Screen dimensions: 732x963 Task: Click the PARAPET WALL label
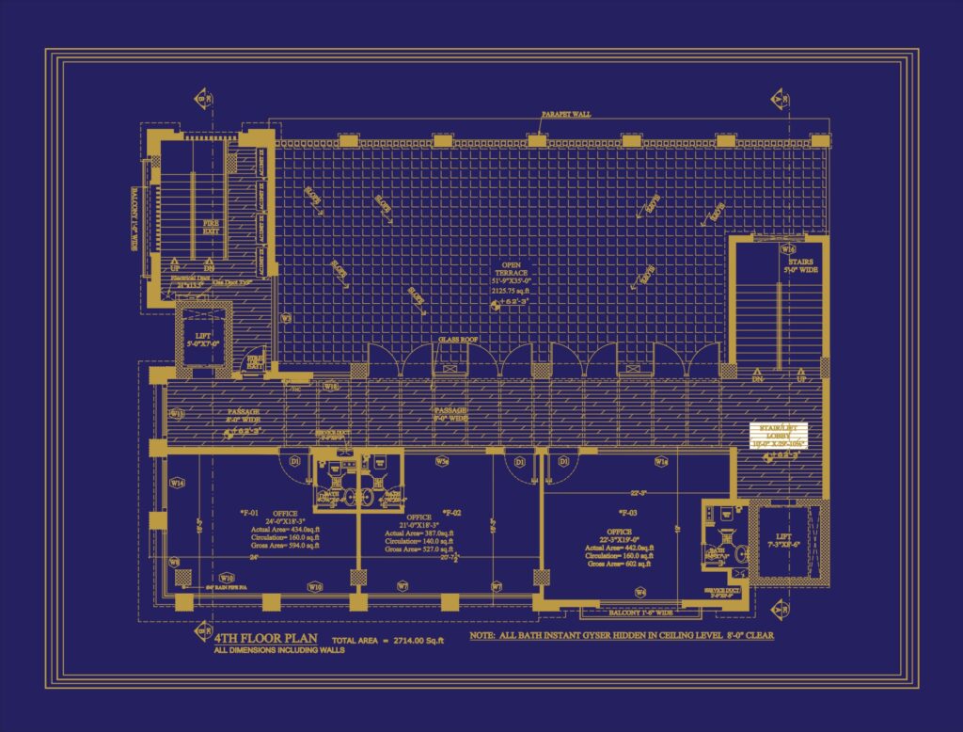click(x=565, y=114)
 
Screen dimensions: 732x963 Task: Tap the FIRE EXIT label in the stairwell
click(x=212, y=226)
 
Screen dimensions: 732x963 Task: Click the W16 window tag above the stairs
click(x=787, y=249)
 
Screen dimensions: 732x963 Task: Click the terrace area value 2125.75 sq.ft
click(x=512, y=292)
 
